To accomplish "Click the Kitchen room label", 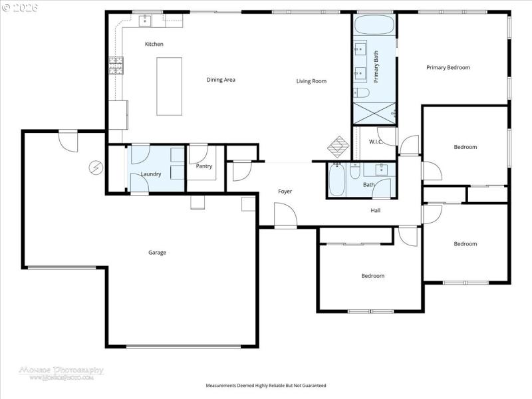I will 154,44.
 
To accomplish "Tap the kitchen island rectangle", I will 169,86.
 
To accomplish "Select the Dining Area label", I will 221,80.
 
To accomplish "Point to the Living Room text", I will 311,81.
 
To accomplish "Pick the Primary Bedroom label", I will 448,67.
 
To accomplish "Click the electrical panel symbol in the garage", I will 96,167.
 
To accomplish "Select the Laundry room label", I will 151,174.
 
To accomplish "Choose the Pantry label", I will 203,166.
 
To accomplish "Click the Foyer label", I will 285,192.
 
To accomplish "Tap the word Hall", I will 375,210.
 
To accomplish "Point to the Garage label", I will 157,252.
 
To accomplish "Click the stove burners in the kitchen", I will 116,65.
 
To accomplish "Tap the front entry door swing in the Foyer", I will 285,215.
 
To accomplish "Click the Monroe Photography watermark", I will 61,372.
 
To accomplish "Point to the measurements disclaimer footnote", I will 266,386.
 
